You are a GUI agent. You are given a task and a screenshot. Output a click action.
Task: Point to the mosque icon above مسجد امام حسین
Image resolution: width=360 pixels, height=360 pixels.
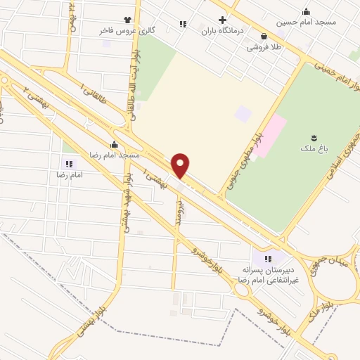click(307, 11)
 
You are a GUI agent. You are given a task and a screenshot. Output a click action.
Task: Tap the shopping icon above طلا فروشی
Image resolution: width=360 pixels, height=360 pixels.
click(263, 37)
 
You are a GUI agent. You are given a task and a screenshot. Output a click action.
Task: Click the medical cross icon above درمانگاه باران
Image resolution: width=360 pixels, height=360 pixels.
click(222, 20)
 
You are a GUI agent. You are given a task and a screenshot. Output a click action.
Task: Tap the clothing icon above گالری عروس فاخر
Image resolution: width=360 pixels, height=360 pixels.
click(127, 20)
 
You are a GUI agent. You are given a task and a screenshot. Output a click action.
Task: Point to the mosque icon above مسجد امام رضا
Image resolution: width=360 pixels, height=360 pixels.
click(115, 143)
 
